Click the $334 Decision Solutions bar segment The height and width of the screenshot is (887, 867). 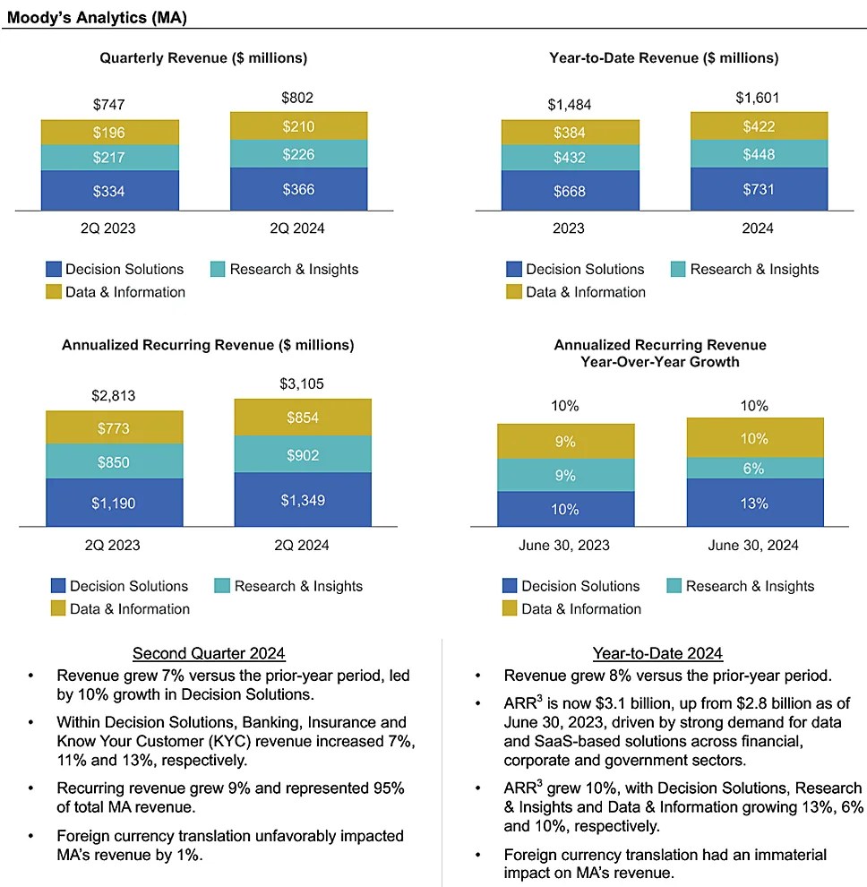coord(109,190)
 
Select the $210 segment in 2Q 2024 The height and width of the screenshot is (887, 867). coord(298,126)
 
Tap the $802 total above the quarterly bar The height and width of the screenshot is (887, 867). coord(298,98)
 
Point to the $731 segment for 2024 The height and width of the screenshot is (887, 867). coord(759,189)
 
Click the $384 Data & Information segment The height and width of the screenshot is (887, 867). coord(570,133)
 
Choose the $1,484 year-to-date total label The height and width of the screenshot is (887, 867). coord(570,105)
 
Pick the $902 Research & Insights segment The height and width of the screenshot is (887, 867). coord(303,455)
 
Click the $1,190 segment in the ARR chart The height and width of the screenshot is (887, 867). coord(114,504)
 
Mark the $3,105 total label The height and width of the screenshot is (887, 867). coord(303,384)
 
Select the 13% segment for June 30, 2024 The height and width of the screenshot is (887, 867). coord(754,504)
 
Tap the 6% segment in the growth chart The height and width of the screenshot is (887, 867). coord(754,468)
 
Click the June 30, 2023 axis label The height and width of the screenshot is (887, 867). coord(565,545)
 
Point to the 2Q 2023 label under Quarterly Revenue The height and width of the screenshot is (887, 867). coord(109,228)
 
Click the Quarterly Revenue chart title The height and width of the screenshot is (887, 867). coord(203,58)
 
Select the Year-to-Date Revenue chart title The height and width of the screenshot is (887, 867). coord(664,58)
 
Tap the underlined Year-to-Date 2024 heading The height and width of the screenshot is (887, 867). coord(657,653)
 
